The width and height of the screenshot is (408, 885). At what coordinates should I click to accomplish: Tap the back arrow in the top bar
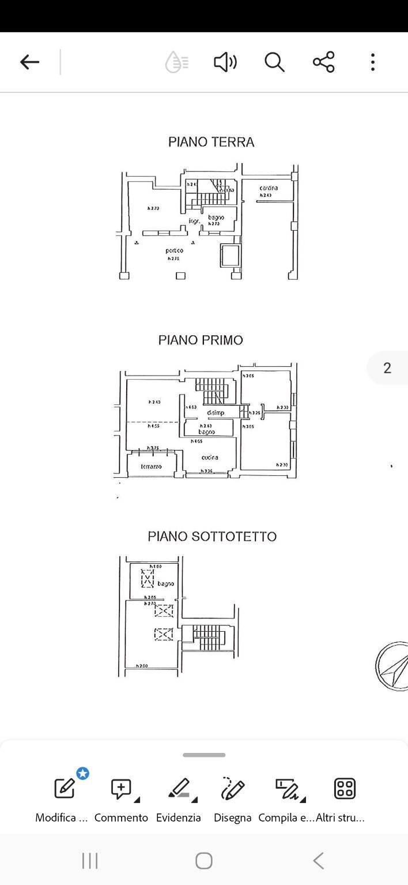coord(29,62)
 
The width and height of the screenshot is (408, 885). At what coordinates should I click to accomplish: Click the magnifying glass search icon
coord(274,62)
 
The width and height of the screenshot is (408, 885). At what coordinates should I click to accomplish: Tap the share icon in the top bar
coord(323,62)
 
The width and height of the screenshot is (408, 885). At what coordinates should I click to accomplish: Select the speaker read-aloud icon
coord(225,62)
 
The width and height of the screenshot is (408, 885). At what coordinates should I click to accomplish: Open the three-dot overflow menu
coord(373,62)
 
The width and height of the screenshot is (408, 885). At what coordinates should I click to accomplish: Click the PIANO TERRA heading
coord(211,142)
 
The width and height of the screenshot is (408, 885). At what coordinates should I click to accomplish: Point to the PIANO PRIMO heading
coord(201,340)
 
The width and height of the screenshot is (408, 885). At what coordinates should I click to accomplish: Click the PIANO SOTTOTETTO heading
coord(212,537)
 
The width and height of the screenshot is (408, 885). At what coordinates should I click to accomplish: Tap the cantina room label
coord(269,188)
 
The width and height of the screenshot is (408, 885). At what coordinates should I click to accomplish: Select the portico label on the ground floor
coord(174,250)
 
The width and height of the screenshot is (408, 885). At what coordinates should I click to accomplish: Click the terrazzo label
coord(151,466)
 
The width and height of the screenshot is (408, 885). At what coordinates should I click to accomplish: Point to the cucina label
coord(210,457)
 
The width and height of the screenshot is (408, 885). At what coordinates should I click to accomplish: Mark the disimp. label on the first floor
coord(216,412)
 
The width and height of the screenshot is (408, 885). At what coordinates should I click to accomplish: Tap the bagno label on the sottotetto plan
coord(165,584)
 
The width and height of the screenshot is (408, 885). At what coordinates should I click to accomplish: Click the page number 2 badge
coord(387,368)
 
